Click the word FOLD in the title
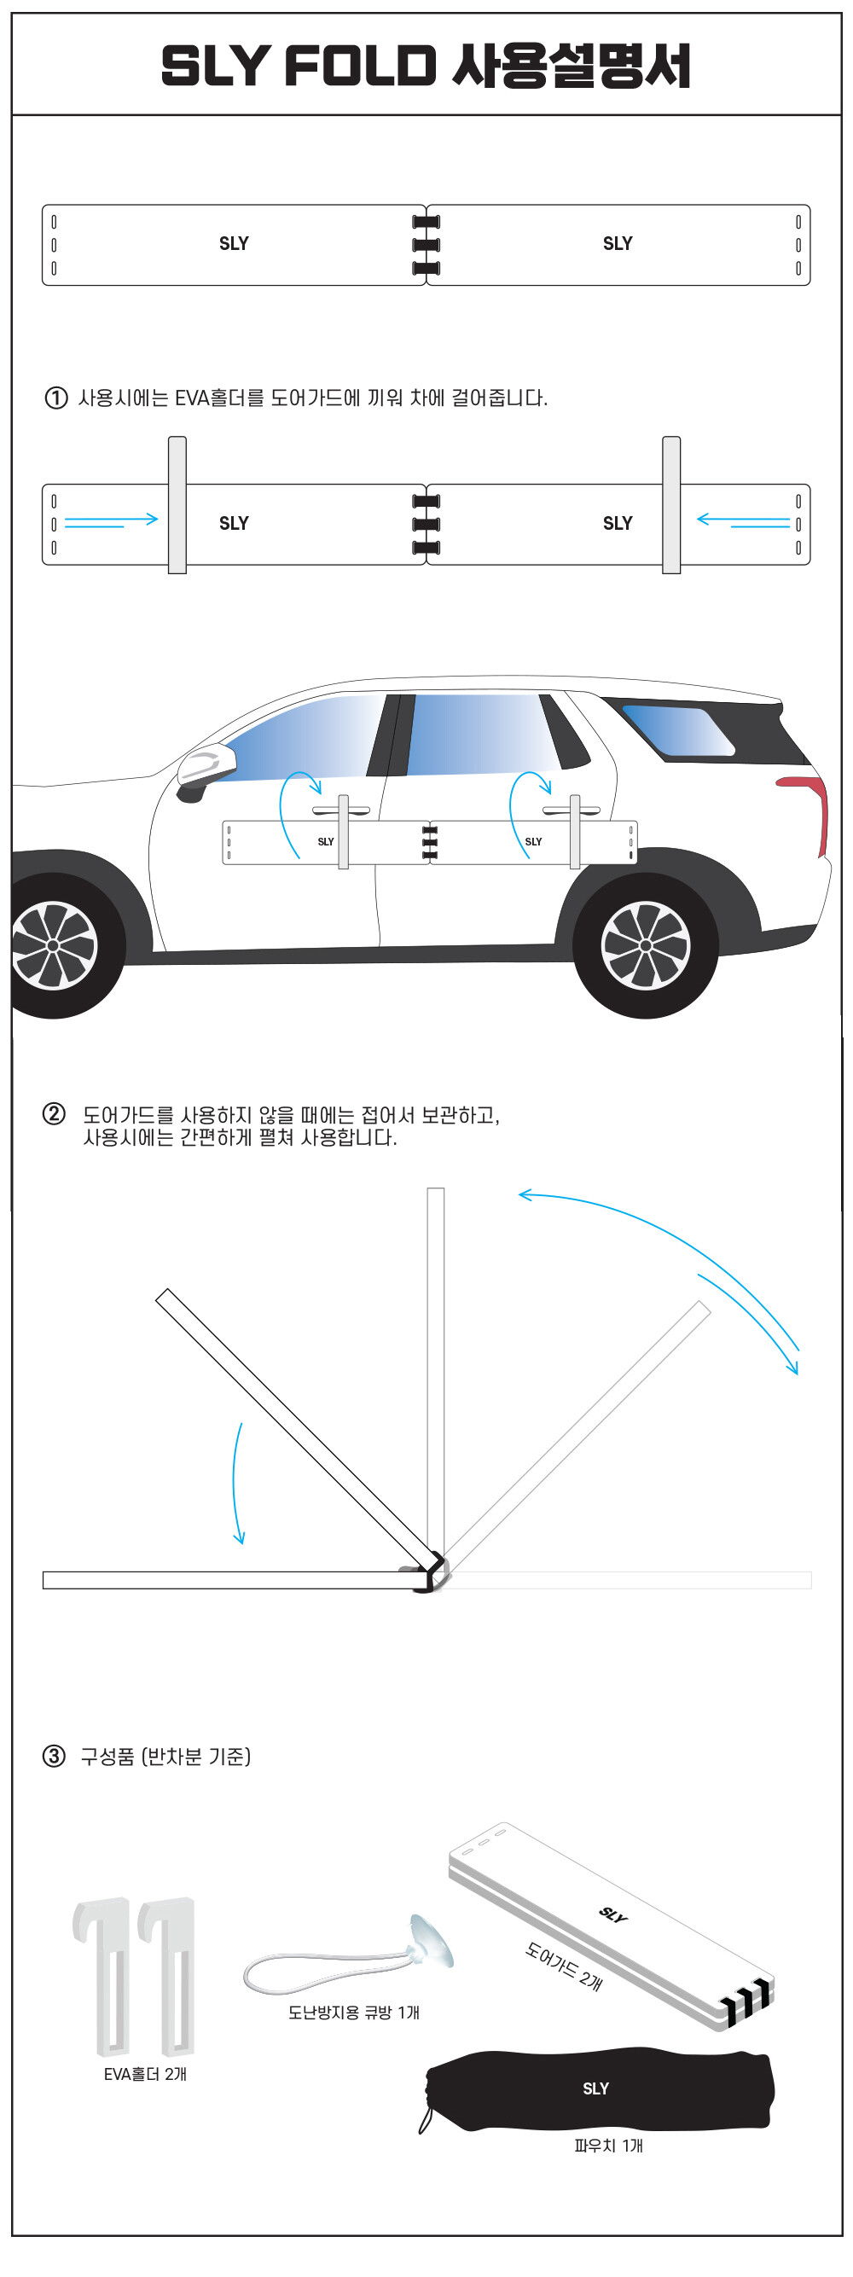click(x=361, y=67)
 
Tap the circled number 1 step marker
click(x=55, y=398)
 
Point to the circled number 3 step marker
click(x=54, y=1756)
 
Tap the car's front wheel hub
click(x=53, y=946)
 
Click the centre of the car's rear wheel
click(x=645, y=946)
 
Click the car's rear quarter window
click(x=677, y=729)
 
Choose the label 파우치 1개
click(x=608, y=2146)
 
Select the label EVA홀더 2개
click(x=145, y=2074)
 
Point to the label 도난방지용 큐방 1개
click(x=354, y=2012)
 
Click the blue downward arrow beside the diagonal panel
click(x=237, y=1484)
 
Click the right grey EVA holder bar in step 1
click(x=672, y=505)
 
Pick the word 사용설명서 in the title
click(x=571, y=67)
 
